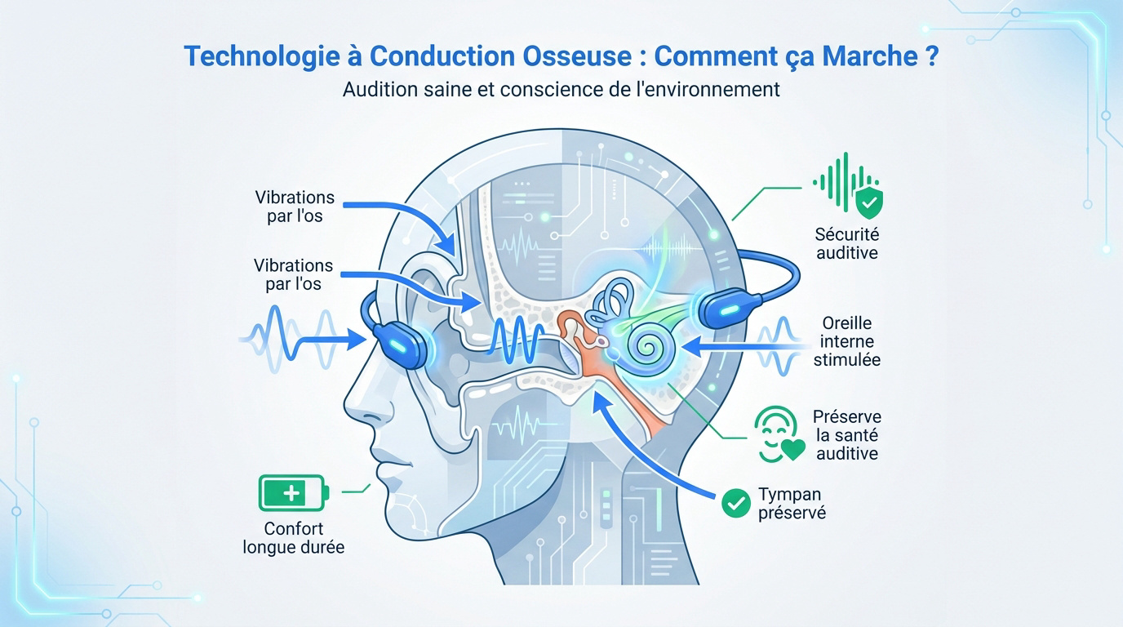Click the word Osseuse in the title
pos(577,56)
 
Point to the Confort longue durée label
pos(294,538)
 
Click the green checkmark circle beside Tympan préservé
pos(736,503)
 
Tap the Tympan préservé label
pos(792,504)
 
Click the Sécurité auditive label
pos(847,243)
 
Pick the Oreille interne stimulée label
pos(847,341)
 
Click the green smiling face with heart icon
pos(779,434)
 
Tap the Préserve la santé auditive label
pos(847,435)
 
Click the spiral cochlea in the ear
pos(647,346)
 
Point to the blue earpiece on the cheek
pos(400,344)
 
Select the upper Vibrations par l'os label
pos(295,207)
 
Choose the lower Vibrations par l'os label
pos(293,274)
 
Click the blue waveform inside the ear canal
pos(517,339)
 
